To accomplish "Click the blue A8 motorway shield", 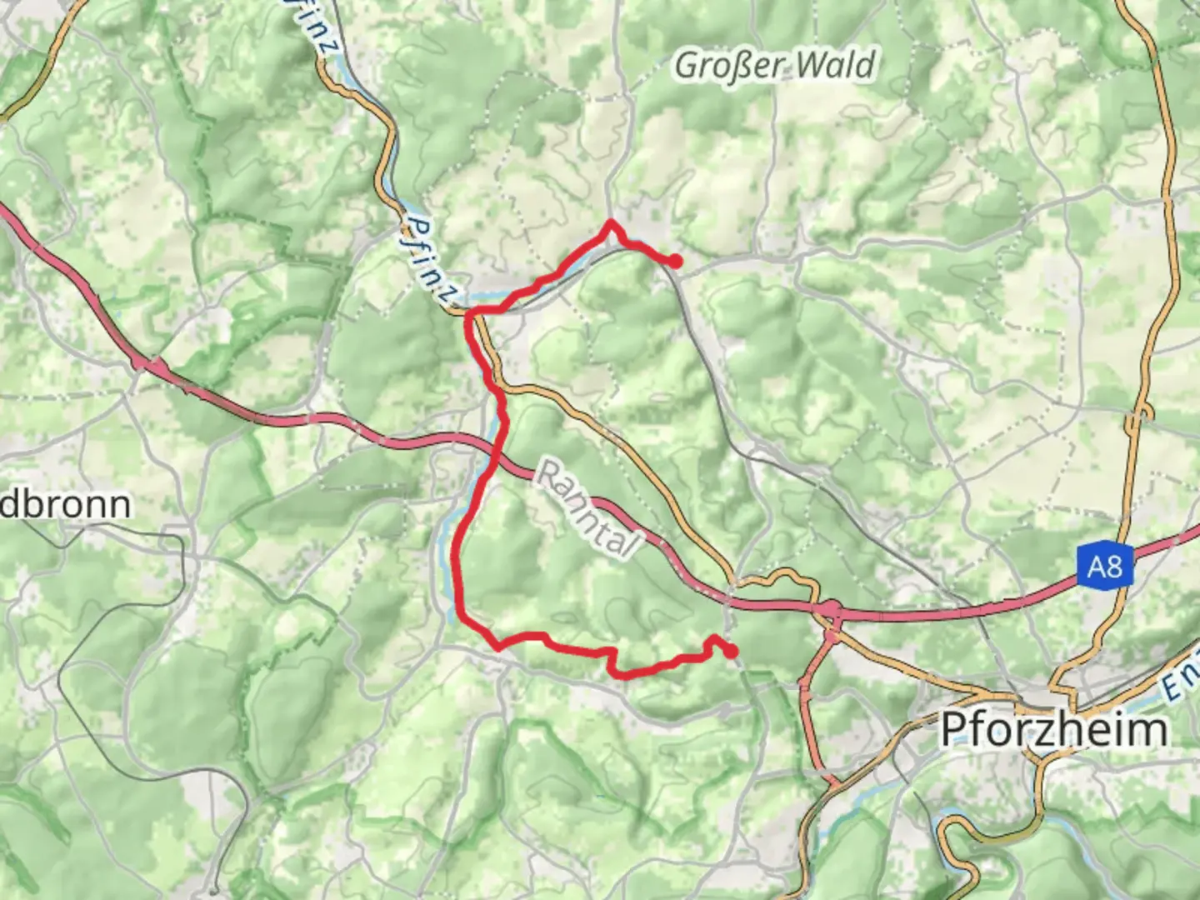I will [1104, 567].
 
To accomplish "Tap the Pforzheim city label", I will [1054, 731].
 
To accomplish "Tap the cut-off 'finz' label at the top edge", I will [318, 29].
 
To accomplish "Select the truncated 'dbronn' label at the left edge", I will [65, 504].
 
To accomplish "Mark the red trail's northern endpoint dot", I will [675, 262].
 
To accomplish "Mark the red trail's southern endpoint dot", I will [732, 652].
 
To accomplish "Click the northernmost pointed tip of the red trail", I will [611, 222].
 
